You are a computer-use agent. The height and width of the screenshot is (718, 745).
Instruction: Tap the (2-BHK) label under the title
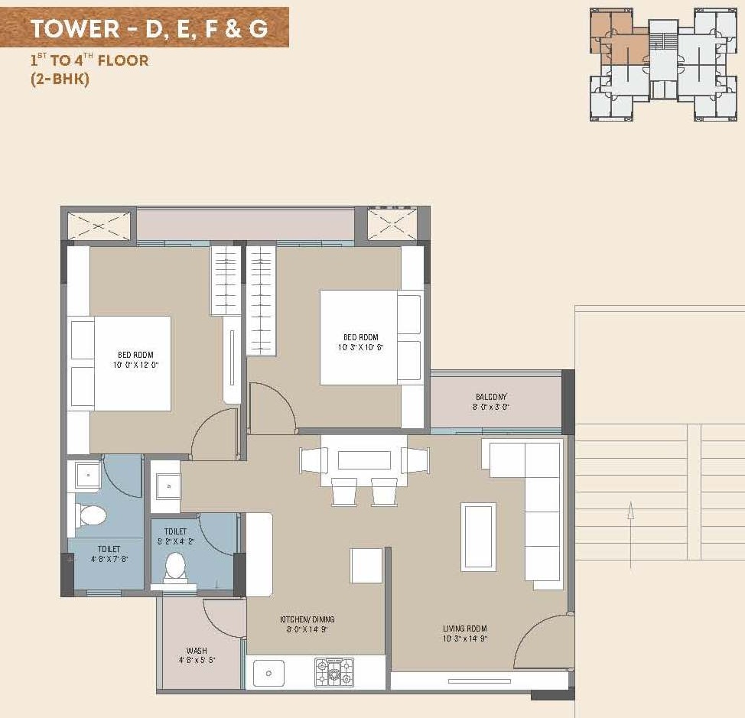(60, 79)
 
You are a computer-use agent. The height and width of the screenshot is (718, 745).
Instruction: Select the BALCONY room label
(491, 397)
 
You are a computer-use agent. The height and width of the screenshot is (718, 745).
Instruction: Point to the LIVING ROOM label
(465, 629)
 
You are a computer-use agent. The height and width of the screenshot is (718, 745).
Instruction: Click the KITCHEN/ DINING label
(307, 619)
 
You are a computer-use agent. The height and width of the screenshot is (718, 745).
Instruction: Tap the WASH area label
(197, 651)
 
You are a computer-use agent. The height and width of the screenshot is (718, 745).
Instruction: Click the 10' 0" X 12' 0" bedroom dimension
(135, 365)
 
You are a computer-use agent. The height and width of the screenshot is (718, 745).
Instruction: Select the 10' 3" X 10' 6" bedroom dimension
(360, 347)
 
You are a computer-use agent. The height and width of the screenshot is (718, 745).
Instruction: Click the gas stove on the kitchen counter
(334, 672)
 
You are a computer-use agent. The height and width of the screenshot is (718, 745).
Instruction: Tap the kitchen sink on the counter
(268, 673)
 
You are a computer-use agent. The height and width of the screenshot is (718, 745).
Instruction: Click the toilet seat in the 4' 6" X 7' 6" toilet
(92, 515)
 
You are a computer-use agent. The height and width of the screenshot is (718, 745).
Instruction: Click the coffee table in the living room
(478, 536)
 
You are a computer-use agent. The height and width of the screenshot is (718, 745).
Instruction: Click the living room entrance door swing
(542, 642)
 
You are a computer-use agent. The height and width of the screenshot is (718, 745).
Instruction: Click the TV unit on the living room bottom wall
(479, 681)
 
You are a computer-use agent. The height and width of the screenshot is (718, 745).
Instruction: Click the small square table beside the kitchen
(366, 566)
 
